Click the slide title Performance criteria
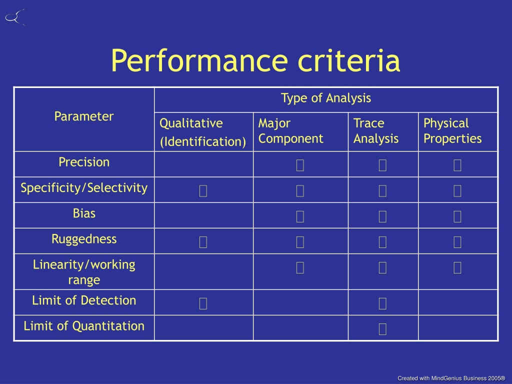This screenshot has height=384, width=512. tap(255, 60)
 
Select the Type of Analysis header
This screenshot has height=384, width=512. tap(326, 98)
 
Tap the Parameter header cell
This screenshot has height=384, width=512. tap(84, 116)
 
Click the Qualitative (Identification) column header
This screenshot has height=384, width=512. tap(203, 132)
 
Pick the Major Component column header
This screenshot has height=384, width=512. tap(290, 131)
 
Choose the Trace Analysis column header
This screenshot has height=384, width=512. tap(376, 131)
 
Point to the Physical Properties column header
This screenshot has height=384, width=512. tap(452, 131)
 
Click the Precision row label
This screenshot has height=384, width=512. tap(84, 162)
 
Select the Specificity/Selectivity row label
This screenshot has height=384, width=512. tap(84, 188)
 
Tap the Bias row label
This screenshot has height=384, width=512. tap(84, 213)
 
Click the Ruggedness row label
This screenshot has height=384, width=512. tap(84, 239)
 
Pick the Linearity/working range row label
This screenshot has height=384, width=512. tap(84, 272)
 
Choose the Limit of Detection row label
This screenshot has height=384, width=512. tap(84, 300)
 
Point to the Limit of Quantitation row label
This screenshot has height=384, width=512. tap(84, 326)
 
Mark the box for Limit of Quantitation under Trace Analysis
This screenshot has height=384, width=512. tap(382, 329)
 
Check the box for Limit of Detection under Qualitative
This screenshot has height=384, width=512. tap(203, 303)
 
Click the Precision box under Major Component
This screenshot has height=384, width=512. tap(300, 165)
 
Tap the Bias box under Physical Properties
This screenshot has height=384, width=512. tap(457, 216)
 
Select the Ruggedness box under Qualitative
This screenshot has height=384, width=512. tap(203, 242)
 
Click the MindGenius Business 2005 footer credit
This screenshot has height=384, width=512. tap(451, 378)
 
